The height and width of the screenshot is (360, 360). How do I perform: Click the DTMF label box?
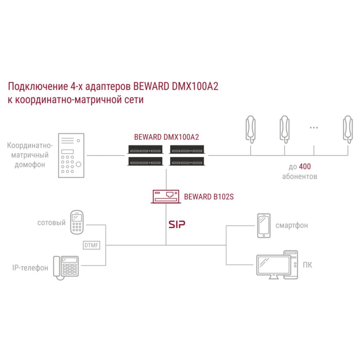coord(91,245)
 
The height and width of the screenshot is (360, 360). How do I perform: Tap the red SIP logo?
coord(177,224)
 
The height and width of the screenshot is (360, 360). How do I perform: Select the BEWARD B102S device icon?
coord(166,196)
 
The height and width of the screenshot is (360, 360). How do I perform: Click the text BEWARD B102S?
coord(209,197)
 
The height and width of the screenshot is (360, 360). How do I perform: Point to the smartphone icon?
coord(264,226)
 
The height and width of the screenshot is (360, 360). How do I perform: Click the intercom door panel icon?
coord(71,155)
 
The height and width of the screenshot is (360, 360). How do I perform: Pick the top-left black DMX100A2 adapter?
coord(146,149)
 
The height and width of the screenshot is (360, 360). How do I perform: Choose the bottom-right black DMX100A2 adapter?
coord(187,162)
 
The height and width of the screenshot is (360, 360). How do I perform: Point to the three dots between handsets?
coord(314,128)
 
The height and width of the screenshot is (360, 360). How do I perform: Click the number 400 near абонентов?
coord(305,166)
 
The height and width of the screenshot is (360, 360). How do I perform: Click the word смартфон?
coord(292,225)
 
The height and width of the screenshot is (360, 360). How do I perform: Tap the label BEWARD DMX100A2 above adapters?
coord(166,137)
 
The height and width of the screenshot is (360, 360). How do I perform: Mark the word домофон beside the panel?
coord(30,165)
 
